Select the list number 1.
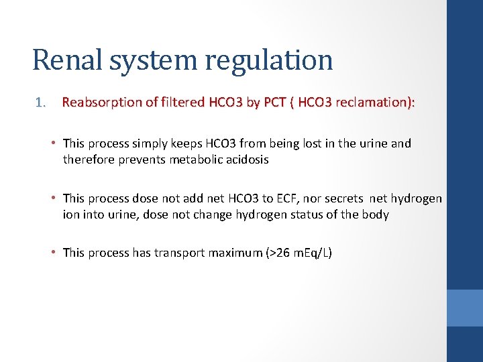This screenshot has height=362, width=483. (41, 103)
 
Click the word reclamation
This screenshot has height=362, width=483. (376, 103)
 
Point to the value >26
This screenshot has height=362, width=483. (276, 253)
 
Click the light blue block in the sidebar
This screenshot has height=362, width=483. (465, 308)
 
